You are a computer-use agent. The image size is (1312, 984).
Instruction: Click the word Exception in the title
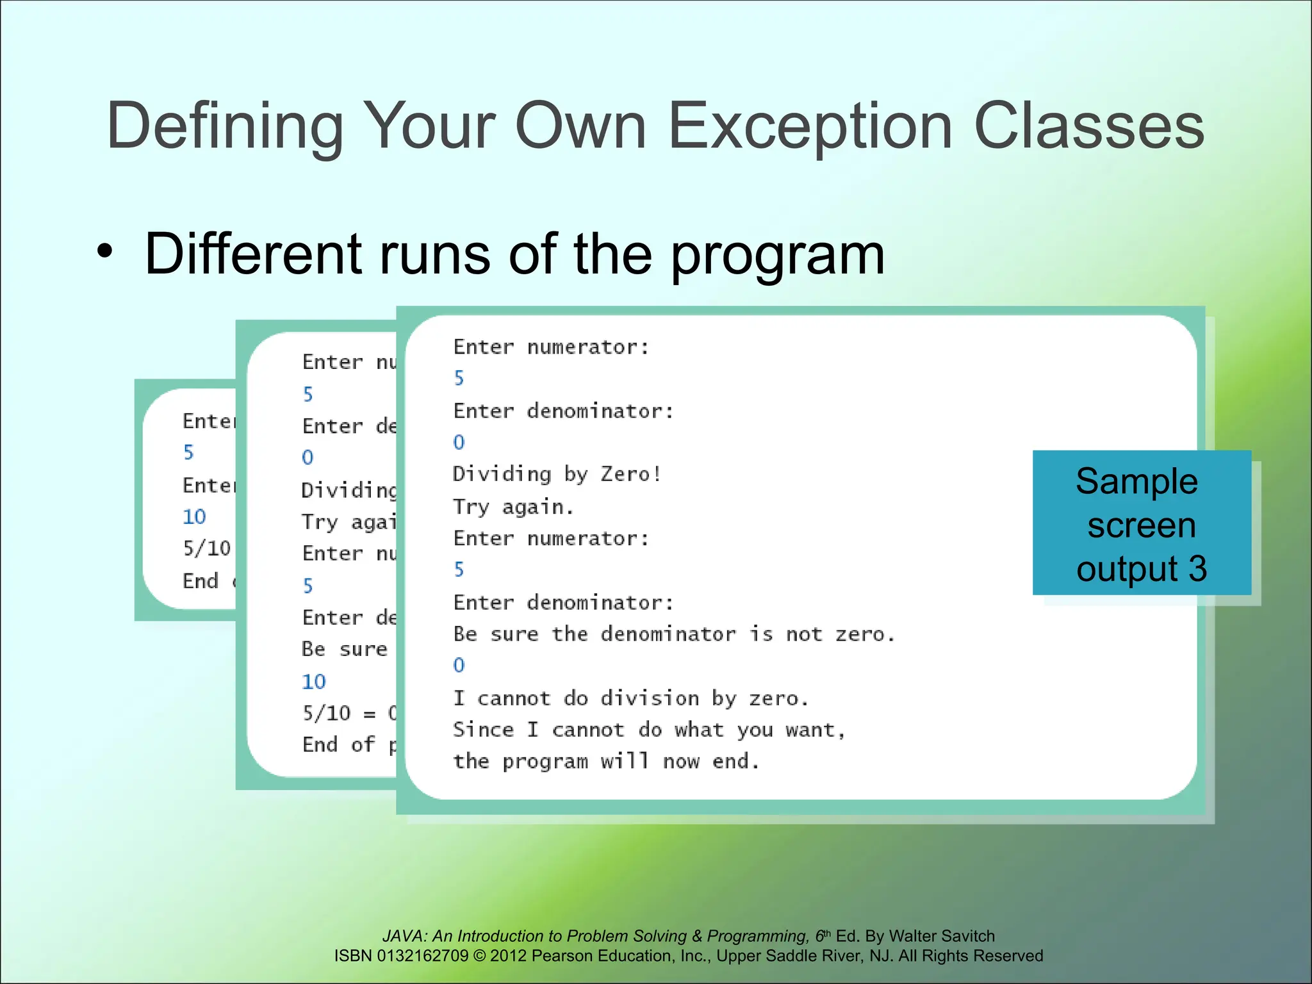pos(810,126)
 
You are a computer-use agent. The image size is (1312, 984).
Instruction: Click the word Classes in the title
pos(1088,126)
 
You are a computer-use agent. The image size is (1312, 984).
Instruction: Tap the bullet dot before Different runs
pos(104,252)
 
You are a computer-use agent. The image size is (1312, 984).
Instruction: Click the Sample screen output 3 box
pos(1141,523)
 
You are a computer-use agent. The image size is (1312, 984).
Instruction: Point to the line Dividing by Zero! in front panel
pos(557,474)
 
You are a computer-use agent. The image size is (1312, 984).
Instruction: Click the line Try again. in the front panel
pos(513,507)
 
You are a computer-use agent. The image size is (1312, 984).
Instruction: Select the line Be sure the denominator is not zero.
pos(673,634)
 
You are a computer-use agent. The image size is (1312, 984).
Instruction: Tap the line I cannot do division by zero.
pos(630,698)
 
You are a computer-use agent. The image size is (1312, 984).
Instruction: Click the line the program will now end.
pos(606,761)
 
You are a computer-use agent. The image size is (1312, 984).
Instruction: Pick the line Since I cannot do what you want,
pos(649,730)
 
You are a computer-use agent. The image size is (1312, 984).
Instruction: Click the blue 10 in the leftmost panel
pos(194,516)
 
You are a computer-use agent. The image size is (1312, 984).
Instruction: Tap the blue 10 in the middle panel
pos(314,681)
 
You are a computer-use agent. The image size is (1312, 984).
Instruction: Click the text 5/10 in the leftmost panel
pos(206,548)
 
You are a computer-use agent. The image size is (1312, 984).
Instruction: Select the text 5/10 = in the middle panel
pos(339,713)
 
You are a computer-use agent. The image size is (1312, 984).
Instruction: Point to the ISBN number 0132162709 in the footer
pos(423,956)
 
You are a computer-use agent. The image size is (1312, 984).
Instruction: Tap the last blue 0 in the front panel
pos(459,665)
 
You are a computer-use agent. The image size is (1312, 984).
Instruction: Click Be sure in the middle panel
pos(344,649)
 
